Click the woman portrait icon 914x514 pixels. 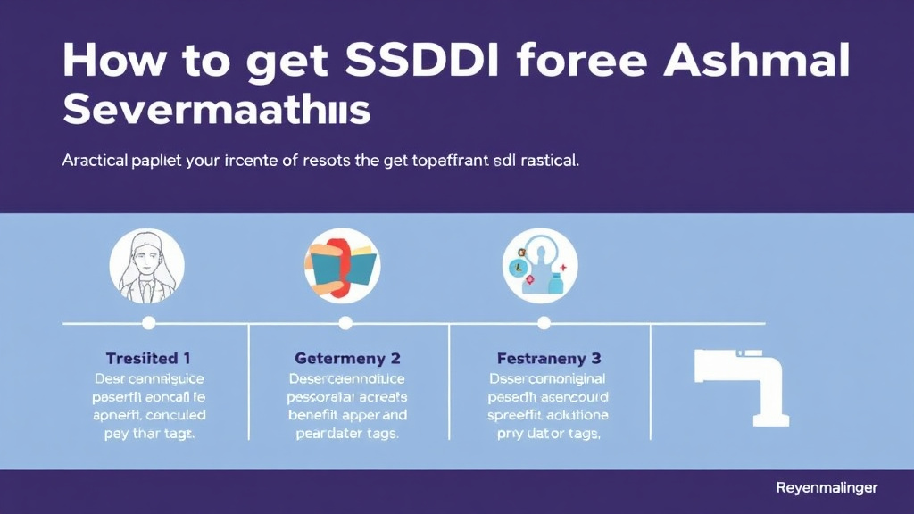pos(147,266)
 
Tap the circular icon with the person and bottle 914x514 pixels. pos(540,266)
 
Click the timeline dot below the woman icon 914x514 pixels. pos(149,323)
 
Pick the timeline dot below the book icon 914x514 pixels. pos(345,323)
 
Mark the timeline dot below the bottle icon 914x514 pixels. pos(542,323)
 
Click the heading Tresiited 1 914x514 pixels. pos(148,359)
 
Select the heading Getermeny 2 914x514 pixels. pos(347,359)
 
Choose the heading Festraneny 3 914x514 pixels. pos(548,359)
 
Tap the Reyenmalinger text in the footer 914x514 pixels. pos(827,488)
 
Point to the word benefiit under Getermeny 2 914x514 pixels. pos(319,416)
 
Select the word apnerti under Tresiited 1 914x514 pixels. pos(116,416)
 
